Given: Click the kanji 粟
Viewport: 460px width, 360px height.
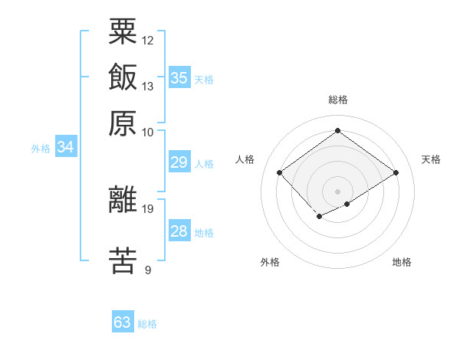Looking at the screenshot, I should [x=123, y=32].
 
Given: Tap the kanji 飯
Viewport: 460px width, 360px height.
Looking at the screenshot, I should [x=123, y=77].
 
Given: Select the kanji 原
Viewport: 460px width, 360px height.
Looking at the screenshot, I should [x=123, y=122].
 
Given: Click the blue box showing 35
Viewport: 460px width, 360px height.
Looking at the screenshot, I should [x=179, y=77].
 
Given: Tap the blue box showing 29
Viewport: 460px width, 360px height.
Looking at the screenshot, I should [x=179, y=162].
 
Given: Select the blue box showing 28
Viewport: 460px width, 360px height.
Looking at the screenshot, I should [x=179, y=231].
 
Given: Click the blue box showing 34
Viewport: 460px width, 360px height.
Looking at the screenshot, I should [x=65, y=147].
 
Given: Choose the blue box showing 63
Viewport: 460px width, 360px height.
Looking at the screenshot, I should [x=123, y=322].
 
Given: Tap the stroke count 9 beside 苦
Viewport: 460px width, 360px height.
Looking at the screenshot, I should [x=148, y=269].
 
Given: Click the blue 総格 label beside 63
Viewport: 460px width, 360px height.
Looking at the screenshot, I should [x=147, y=324].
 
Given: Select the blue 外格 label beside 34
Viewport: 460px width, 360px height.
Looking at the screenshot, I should [x=41, y=149].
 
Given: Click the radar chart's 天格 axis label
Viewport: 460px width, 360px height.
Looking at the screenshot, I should [x=431, y=159].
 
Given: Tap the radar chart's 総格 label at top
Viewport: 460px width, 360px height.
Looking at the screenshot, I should [x=338, y=100].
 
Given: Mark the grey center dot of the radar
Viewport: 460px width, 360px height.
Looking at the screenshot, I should [x=338, y=191].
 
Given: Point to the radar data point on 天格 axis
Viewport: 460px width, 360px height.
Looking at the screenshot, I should [x=396, y=173].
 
